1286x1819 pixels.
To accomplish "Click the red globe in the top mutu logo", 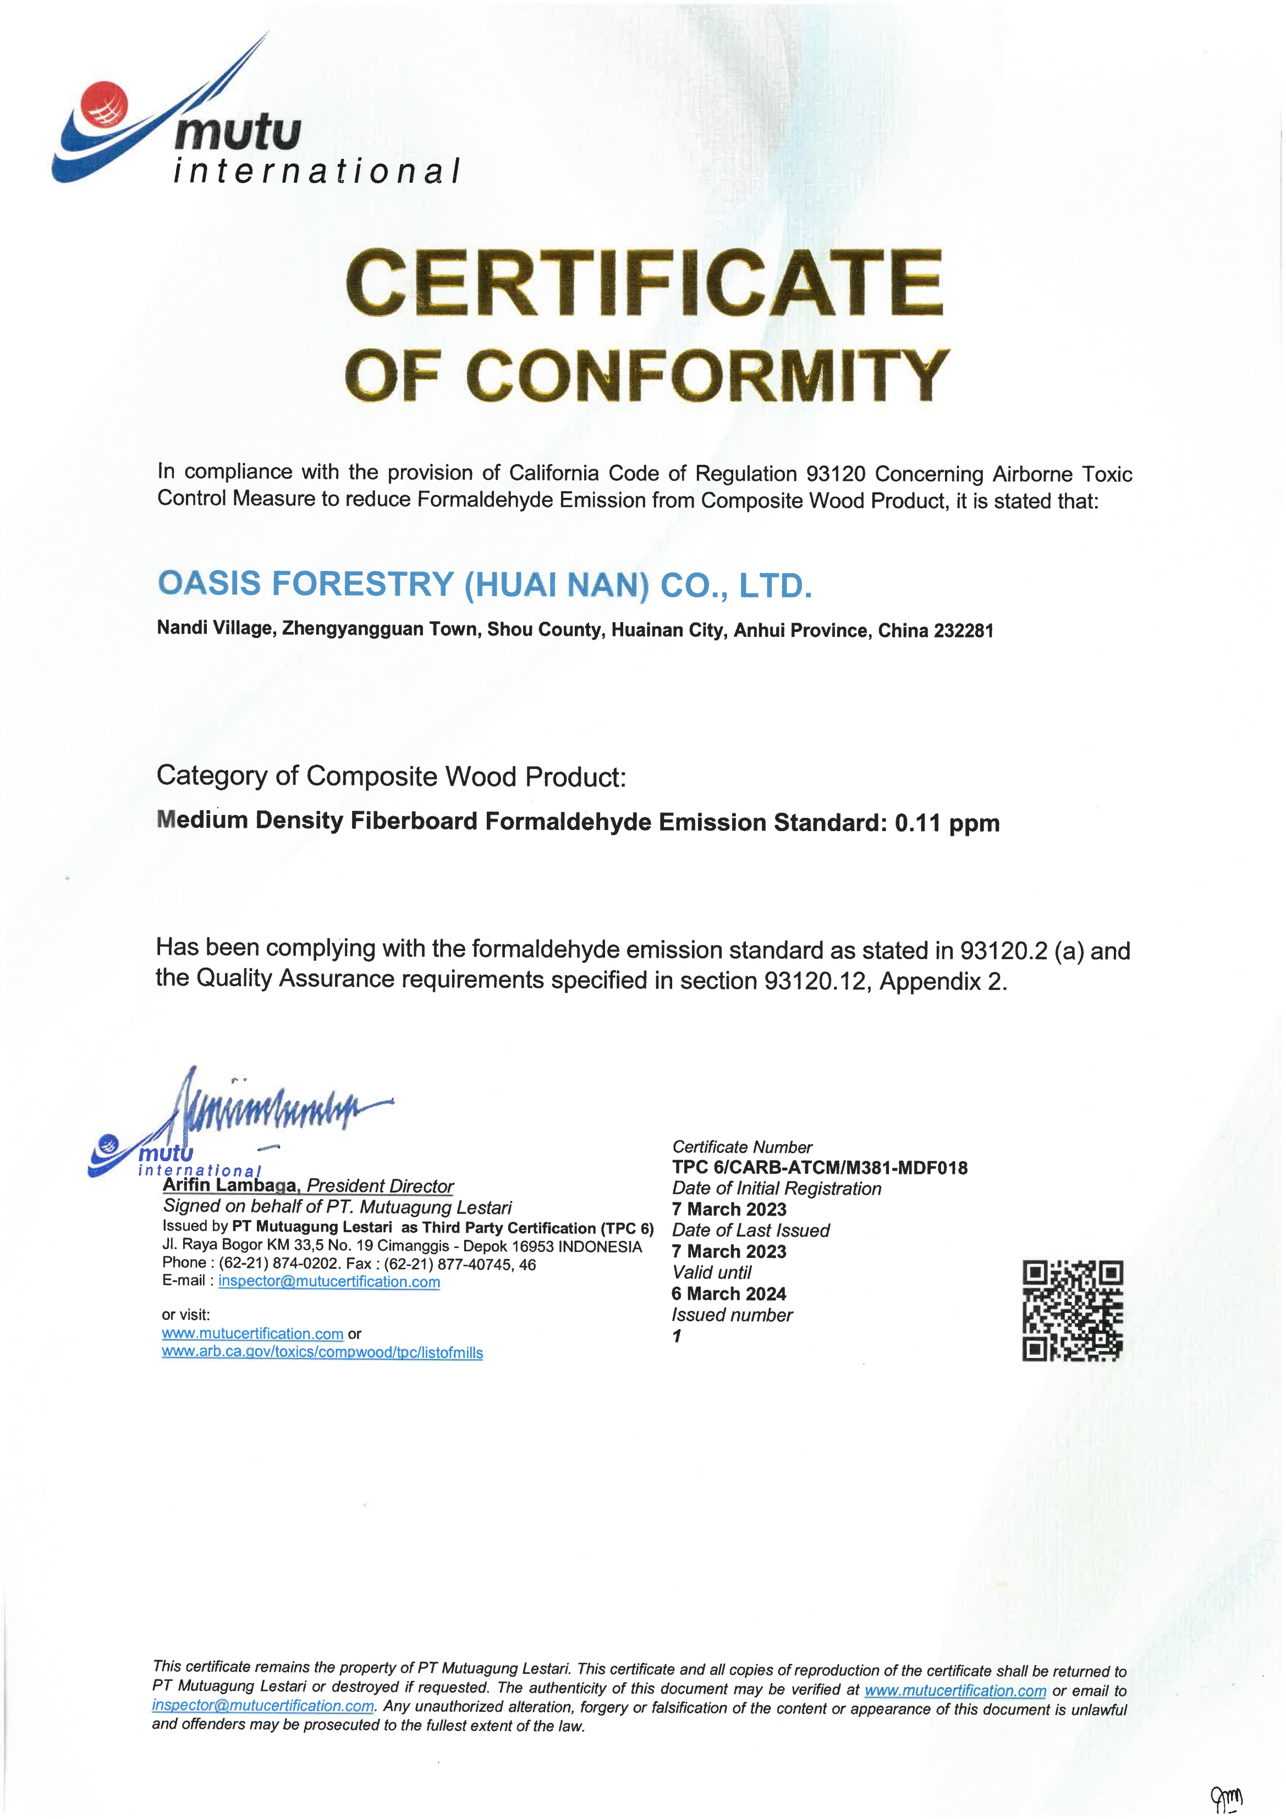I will [x=104, y=104].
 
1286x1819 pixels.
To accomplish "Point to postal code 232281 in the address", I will [x=963, y=631].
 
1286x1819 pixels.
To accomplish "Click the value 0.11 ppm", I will [x=947, y=823].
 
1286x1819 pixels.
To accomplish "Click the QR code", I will [x=1072, y=1310].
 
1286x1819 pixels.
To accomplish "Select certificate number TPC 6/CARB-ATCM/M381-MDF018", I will [x=820, y=1168].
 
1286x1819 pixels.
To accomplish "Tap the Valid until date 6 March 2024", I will [x=728, y=1294].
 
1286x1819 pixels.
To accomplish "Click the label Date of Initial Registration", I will [x=777, y=1188].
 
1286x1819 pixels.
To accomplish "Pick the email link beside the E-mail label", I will [x=329, y=1281].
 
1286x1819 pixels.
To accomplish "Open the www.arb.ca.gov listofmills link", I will [x=322, y=1353].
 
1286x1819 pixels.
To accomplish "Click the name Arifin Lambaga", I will [x=230, y=1185].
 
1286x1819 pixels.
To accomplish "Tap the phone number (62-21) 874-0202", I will [x=280, y=1263].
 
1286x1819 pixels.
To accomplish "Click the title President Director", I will [x=380, y=1186].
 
